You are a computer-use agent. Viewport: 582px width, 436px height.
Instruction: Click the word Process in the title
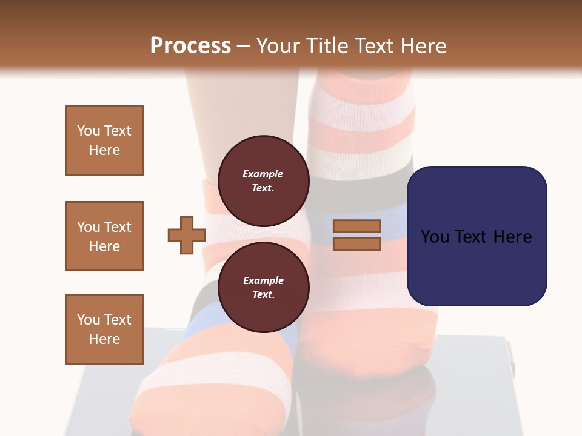click(190, 45)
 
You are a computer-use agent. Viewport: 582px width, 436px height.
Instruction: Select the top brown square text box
click(104, 140)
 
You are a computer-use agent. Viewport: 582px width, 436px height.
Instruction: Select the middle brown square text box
click(104, 236)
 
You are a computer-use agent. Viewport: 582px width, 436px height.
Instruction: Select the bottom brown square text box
click(104, 329)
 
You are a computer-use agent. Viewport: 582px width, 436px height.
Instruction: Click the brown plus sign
click(187, 235)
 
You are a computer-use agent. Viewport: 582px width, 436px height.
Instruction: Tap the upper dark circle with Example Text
click(263, 180)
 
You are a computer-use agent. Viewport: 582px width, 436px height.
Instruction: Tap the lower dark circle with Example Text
click(263, 287)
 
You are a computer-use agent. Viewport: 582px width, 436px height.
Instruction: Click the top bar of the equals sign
click(356, 226)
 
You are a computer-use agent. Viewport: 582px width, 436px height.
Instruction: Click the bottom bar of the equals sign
click(356, 243)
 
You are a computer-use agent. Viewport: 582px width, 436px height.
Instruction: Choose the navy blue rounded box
click(477, 236)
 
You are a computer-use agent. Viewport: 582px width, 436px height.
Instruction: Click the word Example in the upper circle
click(263, 174)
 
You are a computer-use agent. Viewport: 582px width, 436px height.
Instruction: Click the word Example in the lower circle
click(263, 280)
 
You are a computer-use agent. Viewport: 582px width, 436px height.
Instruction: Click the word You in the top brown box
click(88, 131)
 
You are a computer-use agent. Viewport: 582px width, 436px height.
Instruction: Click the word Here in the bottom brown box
click(104, 339)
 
